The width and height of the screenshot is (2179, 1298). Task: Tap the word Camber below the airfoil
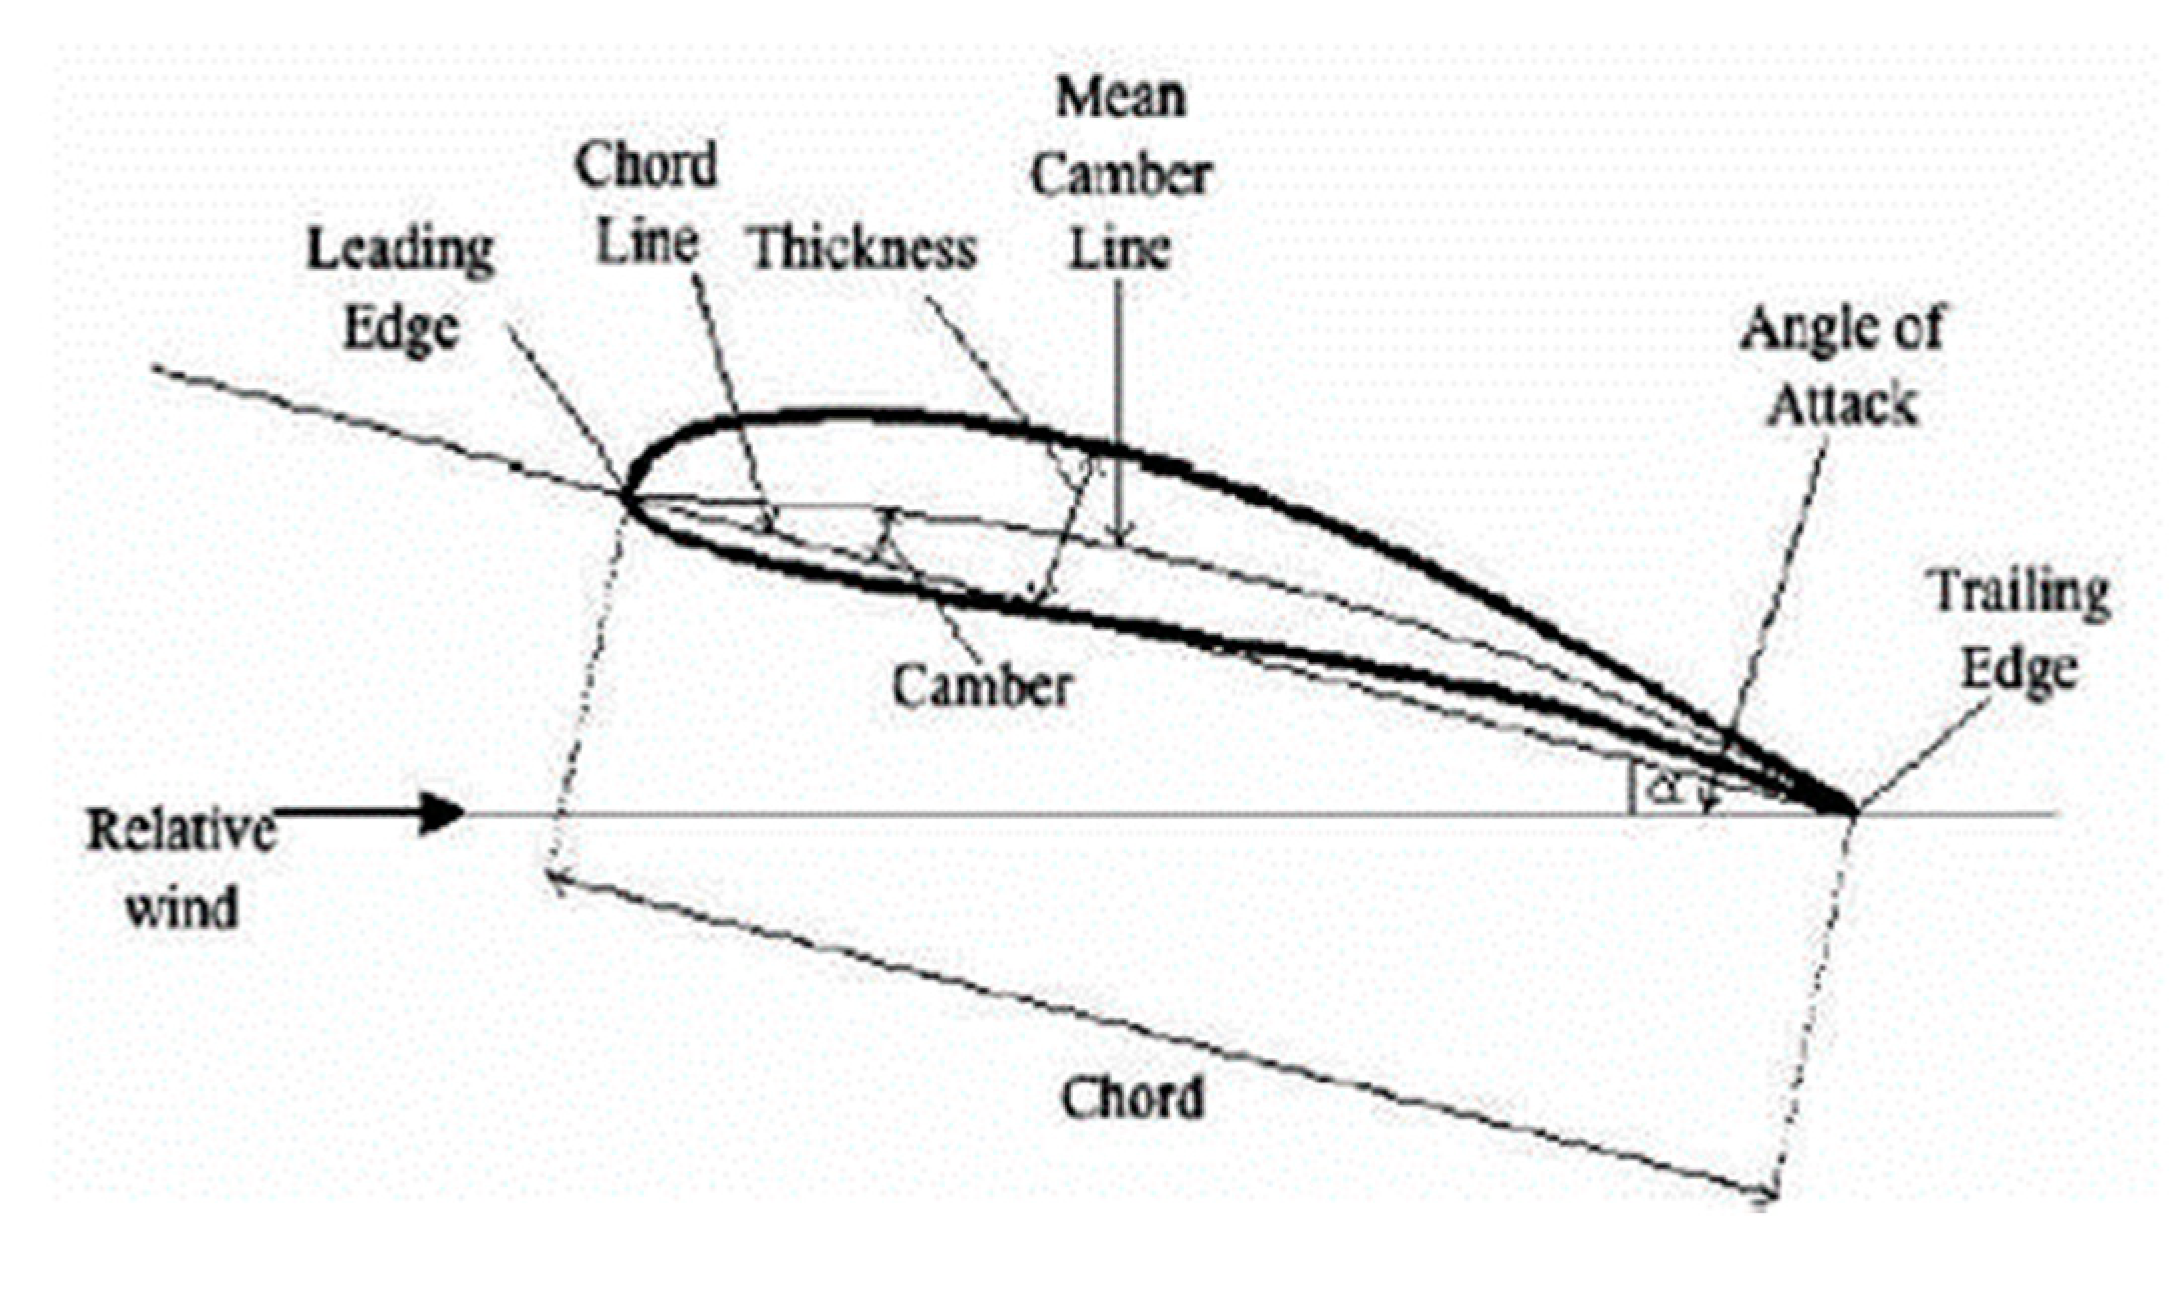[981, 686]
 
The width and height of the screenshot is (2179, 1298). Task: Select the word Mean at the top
[1120, 98]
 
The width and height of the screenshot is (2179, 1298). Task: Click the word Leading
[400, 250]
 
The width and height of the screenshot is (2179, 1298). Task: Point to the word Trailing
[2020, 594]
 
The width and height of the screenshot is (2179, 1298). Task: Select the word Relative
[182, 829]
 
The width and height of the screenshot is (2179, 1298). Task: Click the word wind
[182, 908]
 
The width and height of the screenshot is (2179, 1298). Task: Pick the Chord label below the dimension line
[1132, 1098]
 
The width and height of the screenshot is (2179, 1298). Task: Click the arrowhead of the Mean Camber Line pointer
[1120, 536]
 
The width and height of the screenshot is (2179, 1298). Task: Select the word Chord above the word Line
[646, 165]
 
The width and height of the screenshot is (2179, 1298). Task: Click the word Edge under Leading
[400, 328]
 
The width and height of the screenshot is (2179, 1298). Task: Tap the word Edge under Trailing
[2020, 670]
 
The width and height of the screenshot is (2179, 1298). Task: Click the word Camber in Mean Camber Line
[1120, 176]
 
